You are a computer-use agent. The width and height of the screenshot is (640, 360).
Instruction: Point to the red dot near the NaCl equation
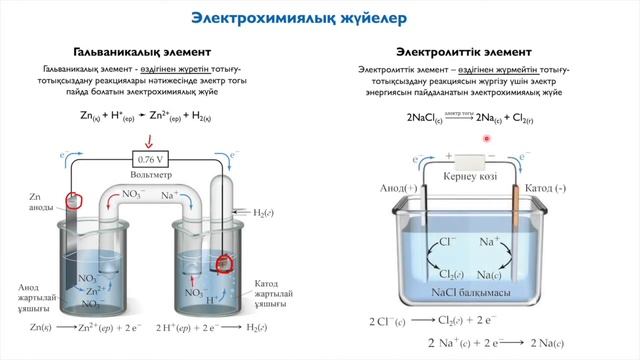[x=486, y=139]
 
